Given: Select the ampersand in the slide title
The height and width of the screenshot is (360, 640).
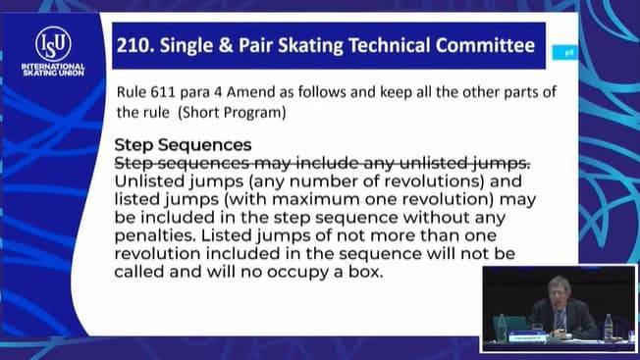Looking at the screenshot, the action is point(225,45).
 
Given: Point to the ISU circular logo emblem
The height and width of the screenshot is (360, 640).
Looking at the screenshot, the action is point(53,44).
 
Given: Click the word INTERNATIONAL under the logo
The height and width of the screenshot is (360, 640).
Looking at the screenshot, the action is point(53,67).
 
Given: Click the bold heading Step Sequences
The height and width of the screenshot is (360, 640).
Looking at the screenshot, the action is point(183,145).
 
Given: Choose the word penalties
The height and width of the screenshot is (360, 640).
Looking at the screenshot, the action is point(156,235).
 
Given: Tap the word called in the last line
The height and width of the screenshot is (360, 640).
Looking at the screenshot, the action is point(138,272).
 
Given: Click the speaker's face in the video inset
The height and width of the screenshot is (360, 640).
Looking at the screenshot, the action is point(559,290).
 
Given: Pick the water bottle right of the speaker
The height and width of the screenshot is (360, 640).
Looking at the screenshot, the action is point(609,327).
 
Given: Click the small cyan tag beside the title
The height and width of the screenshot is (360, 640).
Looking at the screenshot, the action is point(564,53).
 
